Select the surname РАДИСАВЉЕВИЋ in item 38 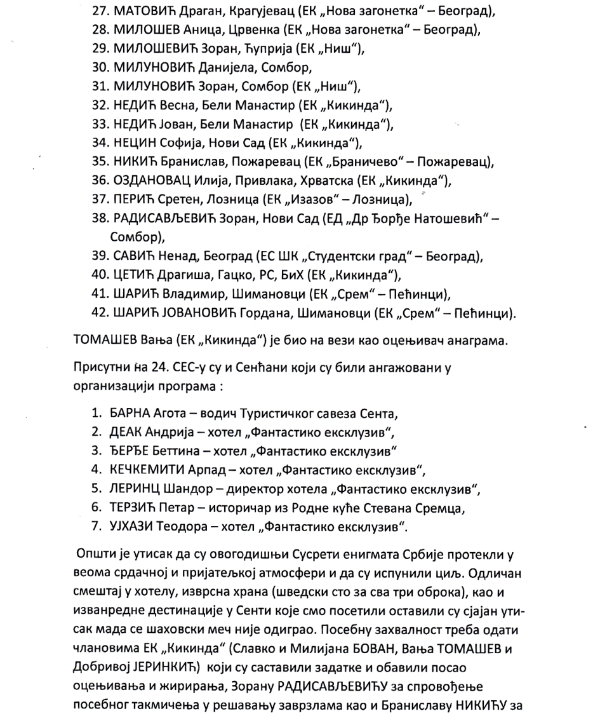[167, 219]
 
